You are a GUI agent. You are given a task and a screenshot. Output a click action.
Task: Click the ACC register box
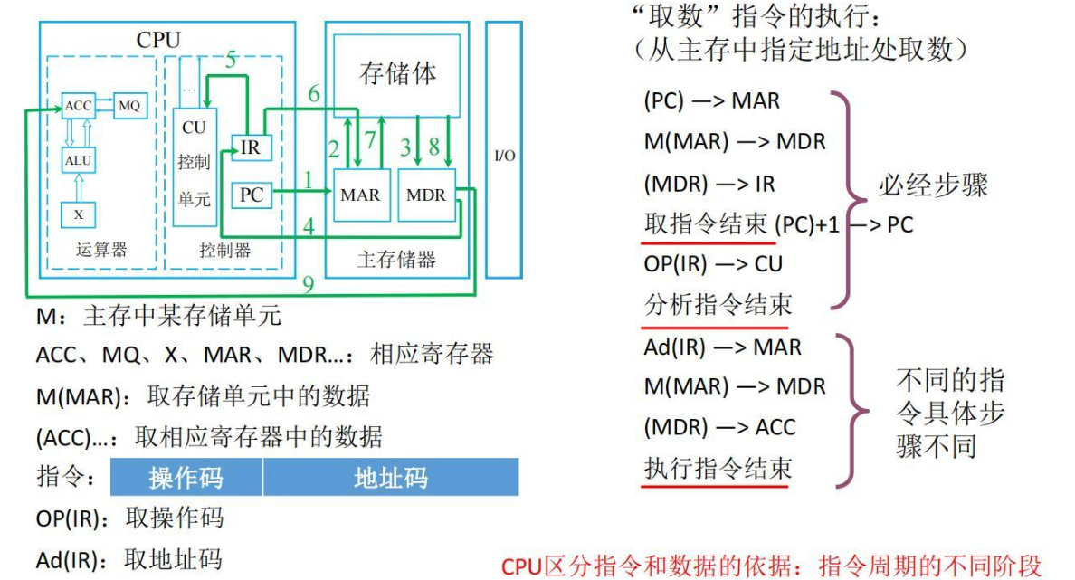click(x=78, y=106)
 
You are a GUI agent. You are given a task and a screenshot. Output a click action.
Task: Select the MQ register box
click(x=130, y=106)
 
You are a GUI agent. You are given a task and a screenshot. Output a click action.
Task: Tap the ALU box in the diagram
click(x=78, y=160)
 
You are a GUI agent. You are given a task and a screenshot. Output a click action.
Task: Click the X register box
click(x=78, y=214)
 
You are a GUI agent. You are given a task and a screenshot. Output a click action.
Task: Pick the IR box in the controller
click(x=251, y=148)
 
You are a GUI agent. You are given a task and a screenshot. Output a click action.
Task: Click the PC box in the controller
click(x=251, y=195)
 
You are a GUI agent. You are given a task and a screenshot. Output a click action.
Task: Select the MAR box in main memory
click(x=361, y=195)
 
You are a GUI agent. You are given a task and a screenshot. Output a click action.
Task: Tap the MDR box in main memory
click(x=426, y=195)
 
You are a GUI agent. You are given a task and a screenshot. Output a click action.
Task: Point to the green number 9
click(x=309, y=284)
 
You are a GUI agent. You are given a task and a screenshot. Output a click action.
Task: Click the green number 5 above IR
click(x=231, y=61)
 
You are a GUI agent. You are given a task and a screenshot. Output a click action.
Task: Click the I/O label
click(x=505, y=156)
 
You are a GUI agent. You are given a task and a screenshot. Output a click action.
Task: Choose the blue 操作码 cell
click(x=186, y=477)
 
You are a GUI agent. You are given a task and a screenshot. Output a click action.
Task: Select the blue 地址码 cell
click(x=391, y=477)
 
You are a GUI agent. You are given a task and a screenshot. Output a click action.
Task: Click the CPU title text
click(x=158, y=40)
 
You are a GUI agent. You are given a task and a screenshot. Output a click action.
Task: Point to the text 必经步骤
click(x=933, y=185)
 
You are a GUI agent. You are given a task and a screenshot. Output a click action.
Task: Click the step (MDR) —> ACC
click(x=719, y=427)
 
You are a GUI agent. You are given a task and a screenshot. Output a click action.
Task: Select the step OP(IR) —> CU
click(x=713, y=264)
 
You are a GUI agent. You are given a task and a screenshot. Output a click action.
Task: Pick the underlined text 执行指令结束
click(x=718, y=469)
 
